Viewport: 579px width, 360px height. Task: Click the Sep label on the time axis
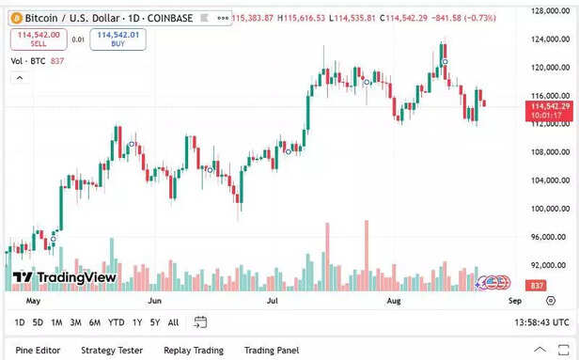(514, 301)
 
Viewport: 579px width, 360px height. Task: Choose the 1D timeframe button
(20, 322)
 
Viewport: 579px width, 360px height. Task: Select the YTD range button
(117, 322)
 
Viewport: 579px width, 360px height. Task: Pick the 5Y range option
(155, 322)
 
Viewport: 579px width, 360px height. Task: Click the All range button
(173, 322)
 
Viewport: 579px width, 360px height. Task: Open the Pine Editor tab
(39, 351)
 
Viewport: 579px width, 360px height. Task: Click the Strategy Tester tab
(112, 351)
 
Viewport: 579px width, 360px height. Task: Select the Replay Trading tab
(195, 351)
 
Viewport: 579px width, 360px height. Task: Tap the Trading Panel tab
(273, 351)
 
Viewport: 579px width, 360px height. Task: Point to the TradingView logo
(64, 277)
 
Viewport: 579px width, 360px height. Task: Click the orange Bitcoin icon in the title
(16, 18)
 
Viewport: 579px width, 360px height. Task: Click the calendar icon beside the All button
(200, 322)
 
